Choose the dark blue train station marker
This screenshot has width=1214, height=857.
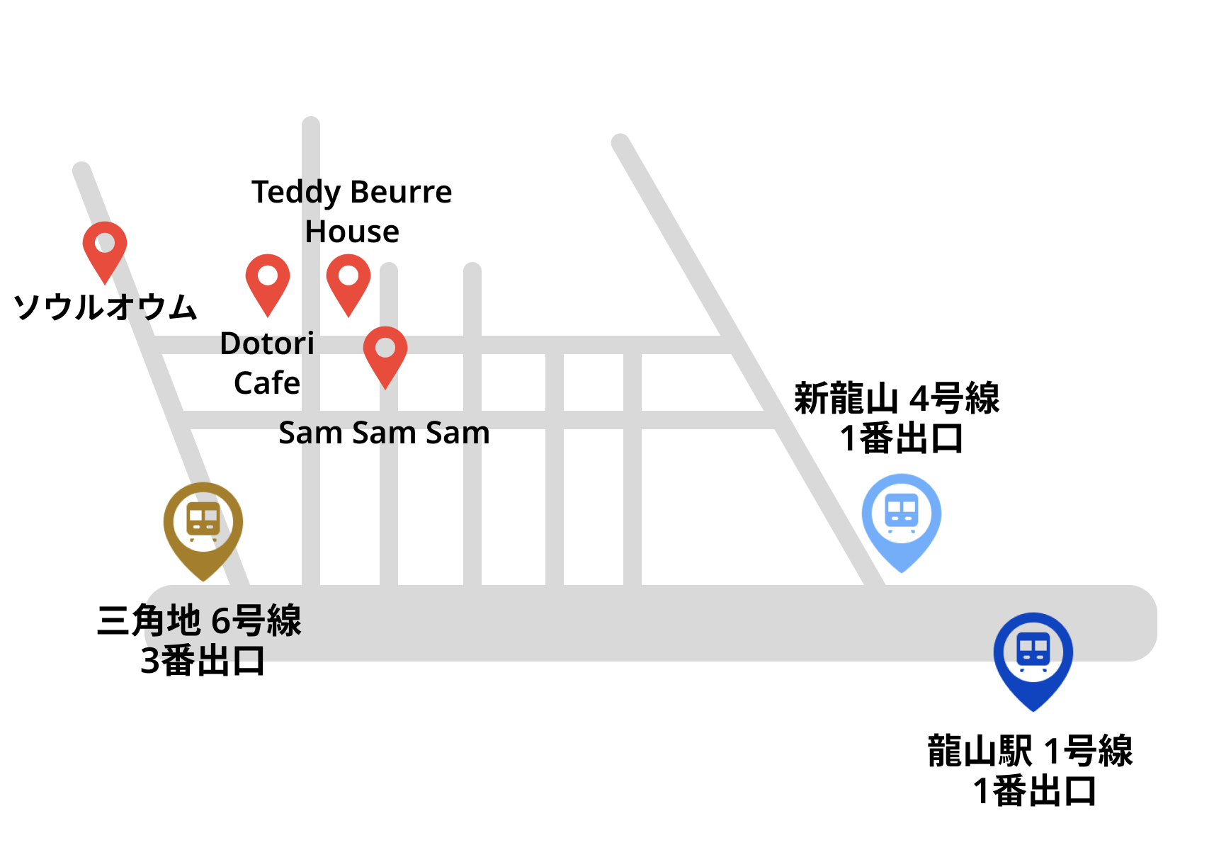(x=1033, y=656)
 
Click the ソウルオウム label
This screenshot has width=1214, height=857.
(x=106, y=307)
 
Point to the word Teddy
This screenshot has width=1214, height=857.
(x=296, y=193)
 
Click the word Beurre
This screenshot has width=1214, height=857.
(x=401, y=193)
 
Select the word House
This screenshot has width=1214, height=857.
(x=352, y=232)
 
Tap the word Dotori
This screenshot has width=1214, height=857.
(x=267, y=344)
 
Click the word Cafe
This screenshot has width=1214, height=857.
(x=267, y=383)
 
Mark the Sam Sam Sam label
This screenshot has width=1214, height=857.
(x=384, y=433)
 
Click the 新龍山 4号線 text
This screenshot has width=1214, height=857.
(x=897, y=398)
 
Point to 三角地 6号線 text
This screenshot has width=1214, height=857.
(x=200, y=620)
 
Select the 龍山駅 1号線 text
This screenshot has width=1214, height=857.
(x=1030, y=751)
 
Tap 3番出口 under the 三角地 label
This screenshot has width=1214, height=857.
(x=203, y=661)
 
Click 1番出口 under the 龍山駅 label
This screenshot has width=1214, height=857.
(x=1034, y=791)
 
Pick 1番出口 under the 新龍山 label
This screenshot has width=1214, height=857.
(x=901, y=438)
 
